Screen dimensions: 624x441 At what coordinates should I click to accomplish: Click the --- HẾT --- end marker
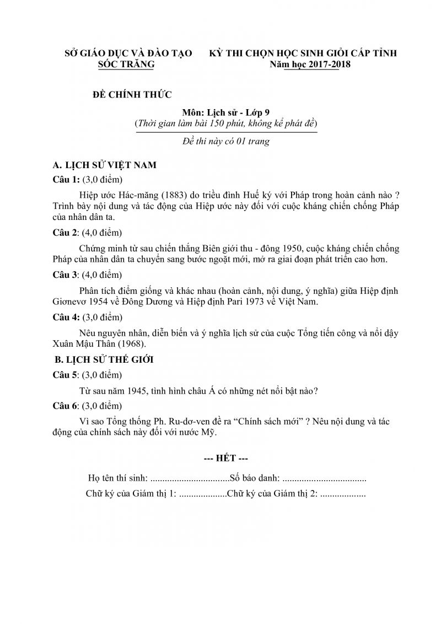point(225,459)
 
